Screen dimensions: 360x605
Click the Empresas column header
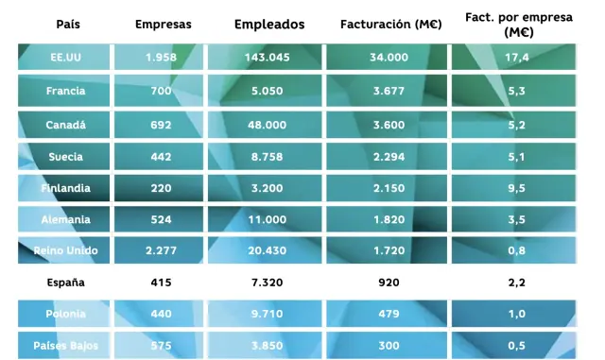[160, 24]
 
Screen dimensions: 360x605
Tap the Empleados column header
[269, 24]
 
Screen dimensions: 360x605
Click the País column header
[67, 24]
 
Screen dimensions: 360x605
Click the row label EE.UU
[66, 59]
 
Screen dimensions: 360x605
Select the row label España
[66, 283]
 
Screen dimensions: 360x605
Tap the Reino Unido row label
[66, 250]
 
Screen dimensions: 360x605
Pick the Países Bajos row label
[66, 346]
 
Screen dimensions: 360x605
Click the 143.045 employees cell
[269, 59]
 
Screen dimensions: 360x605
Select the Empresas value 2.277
[160, 250]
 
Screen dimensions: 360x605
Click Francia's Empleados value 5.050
[269, 92]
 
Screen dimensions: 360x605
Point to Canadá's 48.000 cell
[269, 124]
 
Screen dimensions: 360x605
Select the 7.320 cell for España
[269, 283]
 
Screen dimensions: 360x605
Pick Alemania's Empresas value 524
[160, 219]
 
